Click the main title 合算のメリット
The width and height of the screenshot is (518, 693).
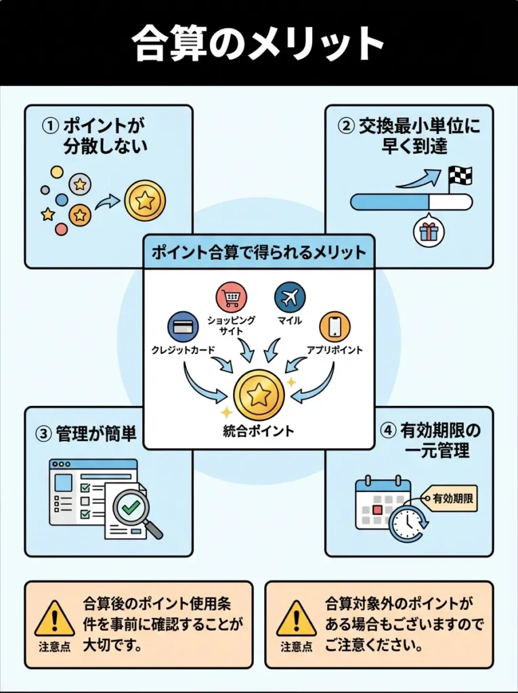tap(259, 43)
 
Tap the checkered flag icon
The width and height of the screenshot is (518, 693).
tap(460, 177)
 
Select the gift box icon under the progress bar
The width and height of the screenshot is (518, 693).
tap(429, 231)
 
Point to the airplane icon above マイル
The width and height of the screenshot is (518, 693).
tap(290, 297)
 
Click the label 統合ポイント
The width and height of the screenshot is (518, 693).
tap(259, 431)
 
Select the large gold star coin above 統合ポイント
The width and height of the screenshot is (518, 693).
tap(259, 395)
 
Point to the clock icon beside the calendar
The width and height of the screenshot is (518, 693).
tap(407, 522)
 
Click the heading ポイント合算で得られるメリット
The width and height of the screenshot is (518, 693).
tap(259, 253)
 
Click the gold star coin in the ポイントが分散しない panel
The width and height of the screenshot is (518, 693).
tap(144, 200)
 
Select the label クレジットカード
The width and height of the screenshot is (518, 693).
tap(184, 351)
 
